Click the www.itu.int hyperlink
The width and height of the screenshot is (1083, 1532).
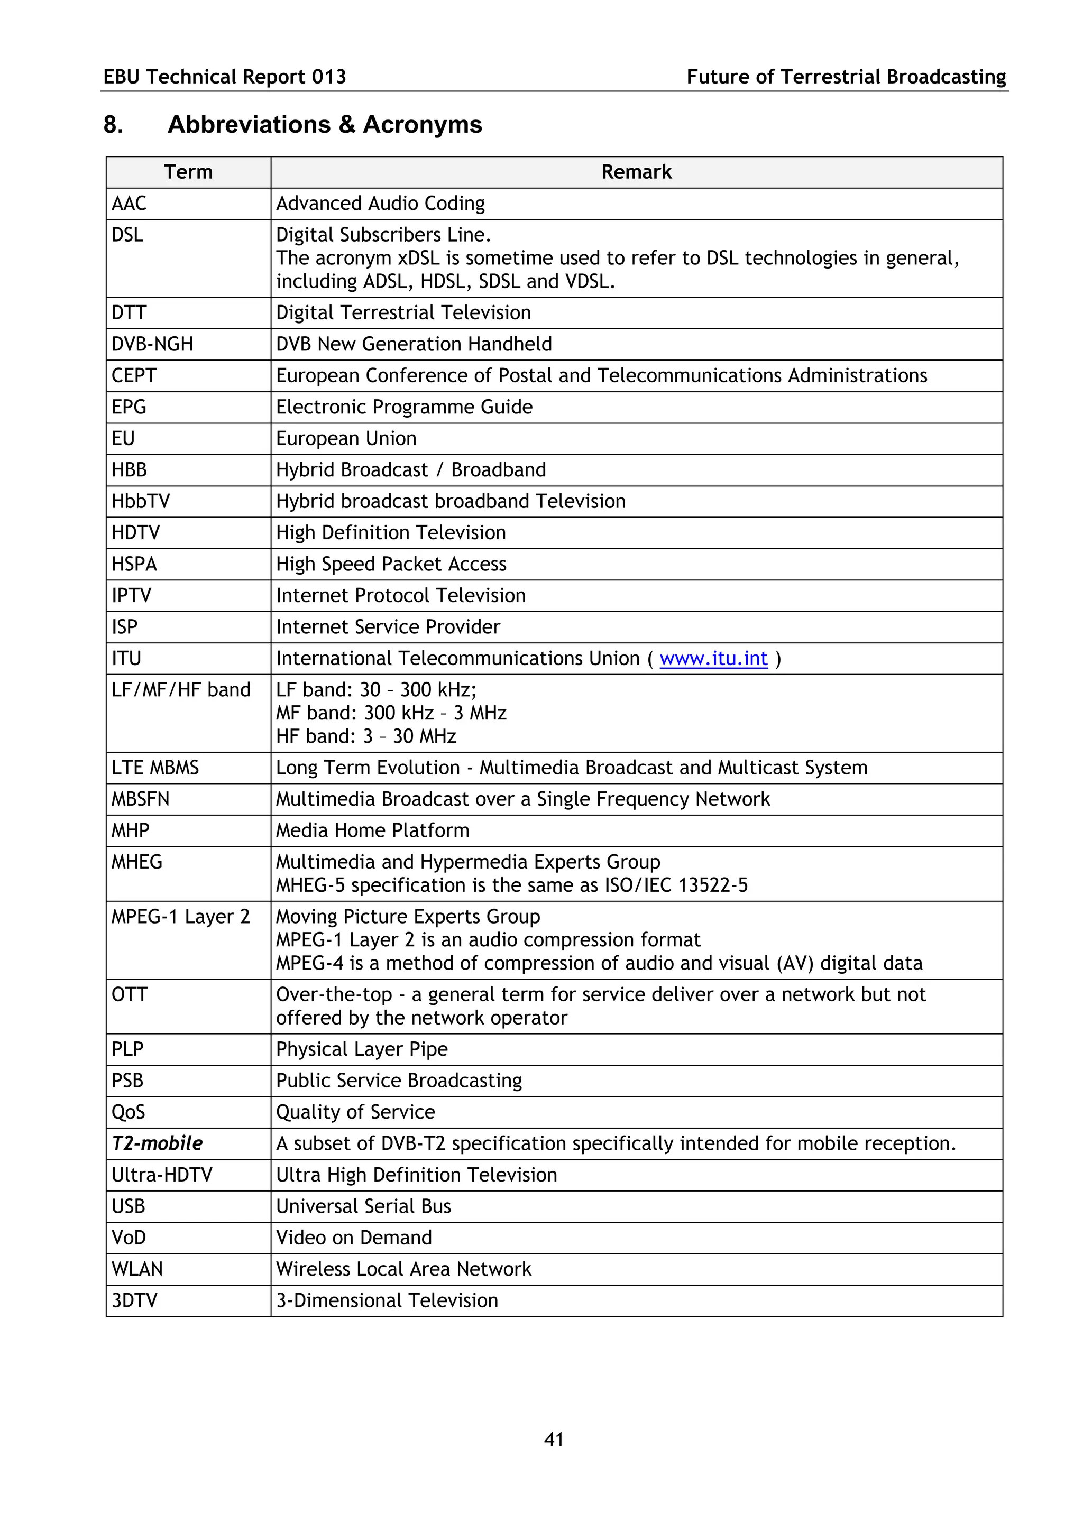(x=713, y=659)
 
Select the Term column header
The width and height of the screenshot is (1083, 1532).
(x=188, y=172)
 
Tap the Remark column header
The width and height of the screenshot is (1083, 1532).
(x=636, y=172)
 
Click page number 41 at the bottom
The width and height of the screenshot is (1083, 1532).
(x=553, y=1439)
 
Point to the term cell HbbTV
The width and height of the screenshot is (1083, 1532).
(x=141, y=501)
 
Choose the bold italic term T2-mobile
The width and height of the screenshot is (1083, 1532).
(x=157, y=1143)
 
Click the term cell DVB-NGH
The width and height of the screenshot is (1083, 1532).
(x=152, y=344)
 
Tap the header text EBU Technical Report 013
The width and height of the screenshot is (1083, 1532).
(x=225, y=77)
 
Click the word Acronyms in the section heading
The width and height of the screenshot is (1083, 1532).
(x=423, y=125)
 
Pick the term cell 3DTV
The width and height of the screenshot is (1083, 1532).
(x=135, y=1300)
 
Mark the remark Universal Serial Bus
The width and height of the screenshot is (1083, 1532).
(x=364, y=1206)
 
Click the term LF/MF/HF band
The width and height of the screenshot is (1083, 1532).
(x=181, y=690)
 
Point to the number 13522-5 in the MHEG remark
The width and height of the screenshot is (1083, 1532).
(x=713, y=885)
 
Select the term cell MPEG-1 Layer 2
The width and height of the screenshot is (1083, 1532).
(x=180, y=917)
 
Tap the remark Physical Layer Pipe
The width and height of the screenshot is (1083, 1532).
(x=362, y=1049)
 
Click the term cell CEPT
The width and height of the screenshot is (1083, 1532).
(x=134, y=376)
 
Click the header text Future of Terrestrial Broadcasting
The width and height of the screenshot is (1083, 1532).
(x=846, y=77)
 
